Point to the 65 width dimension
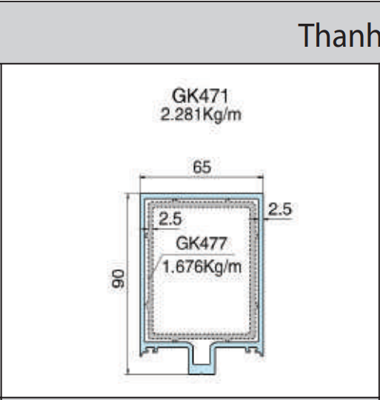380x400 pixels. (202, 168)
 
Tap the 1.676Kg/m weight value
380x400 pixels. (201, 266)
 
